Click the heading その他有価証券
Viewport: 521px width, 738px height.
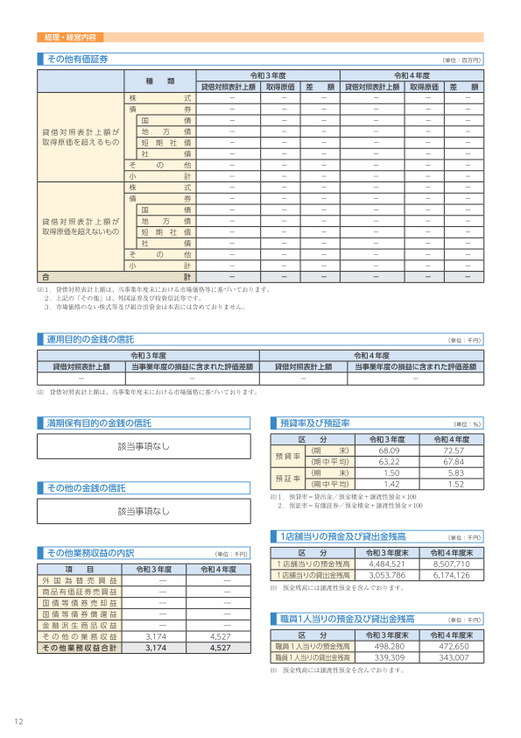click(x=77, y=59)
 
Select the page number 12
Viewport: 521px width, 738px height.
click(x=18, y=721)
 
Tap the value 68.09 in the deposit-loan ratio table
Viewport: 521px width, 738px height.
click(x=389, y=450)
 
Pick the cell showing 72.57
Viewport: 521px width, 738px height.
click(x=453, y=450)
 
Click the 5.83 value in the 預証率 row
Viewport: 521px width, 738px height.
click(x=453, y=472)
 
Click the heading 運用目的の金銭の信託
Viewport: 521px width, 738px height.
click(x=89, y=338)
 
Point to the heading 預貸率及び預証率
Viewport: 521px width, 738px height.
click(x=314, y=422)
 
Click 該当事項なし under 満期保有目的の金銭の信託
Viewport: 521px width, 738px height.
click(x=144, y=446)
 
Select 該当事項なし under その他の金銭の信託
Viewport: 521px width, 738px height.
click(x=144, y=510)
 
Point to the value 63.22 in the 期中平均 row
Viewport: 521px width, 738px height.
click(x=389, y=461)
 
